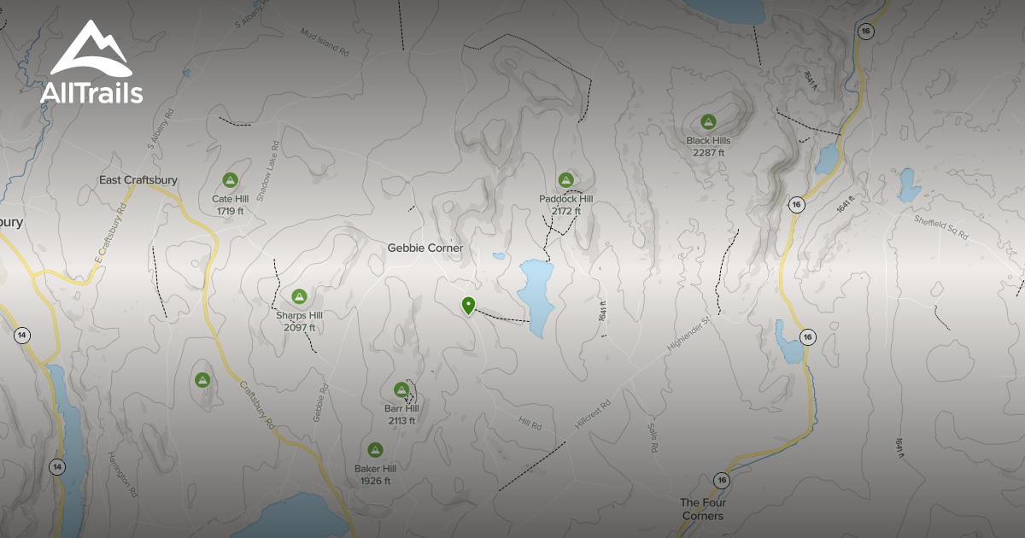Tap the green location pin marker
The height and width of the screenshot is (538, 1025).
click(468, 305)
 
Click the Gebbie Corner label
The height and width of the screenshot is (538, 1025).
click(425, 248)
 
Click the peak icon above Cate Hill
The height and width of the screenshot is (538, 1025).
click(229, 180)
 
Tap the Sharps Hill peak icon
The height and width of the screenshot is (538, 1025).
click(299, 296)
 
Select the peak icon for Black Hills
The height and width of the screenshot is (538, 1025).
click(707, 122)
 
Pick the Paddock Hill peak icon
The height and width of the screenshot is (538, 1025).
click(565, 180)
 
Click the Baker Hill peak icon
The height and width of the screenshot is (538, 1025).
click(375, 450)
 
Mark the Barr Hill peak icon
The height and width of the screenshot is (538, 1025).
click(401, 389)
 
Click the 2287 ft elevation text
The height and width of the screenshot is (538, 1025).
click(709, 153)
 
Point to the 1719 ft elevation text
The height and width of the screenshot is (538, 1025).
click(229, 211)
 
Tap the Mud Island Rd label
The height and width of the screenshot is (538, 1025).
click(325, 42)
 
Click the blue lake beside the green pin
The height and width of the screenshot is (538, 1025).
click(536, 295)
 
